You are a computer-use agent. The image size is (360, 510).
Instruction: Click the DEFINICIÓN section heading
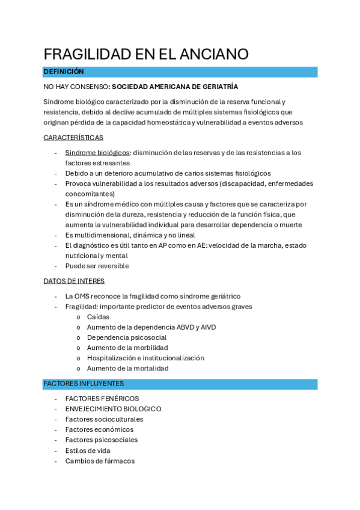(x=63, y=72)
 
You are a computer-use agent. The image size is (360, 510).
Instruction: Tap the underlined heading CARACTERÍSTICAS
(x=73, y=138)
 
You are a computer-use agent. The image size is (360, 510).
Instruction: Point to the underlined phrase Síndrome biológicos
(x=97, y=153)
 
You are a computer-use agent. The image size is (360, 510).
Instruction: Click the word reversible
(x=111, y=266)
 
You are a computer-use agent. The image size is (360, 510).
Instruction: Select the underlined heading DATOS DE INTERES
(x=74, y=281)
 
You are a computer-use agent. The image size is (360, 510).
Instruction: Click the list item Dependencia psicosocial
(x=127, y=337)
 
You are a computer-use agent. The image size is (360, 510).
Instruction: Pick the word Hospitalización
(x=113, y=358)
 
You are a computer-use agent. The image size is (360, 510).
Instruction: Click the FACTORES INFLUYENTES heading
(x=84, y=383)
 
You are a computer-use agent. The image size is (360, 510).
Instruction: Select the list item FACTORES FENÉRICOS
(x=102, y=399)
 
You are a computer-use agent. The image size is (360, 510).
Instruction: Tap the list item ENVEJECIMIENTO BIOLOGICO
(x=113, y=409)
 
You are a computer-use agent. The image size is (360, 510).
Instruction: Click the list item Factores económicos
(x=99, y=429)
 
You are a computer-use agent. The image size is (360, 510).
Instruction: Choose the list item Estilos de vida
(x=88, y=450)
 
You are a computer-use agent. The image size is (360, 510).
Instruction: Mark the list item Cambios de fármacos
(x=100, y=461)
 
